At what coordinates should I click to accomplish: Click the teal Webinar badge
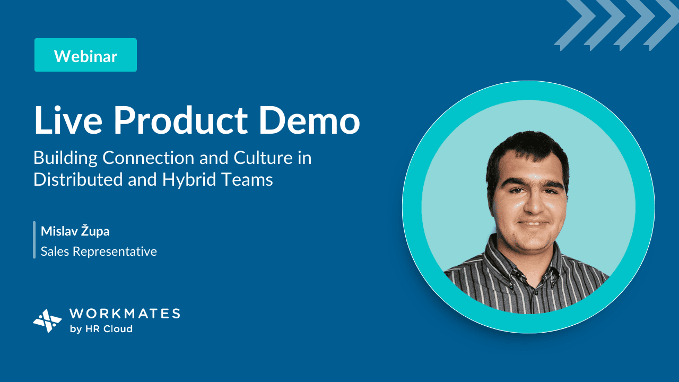click(85, 55)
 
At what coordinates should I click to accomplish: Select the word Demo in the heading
click(309, 120)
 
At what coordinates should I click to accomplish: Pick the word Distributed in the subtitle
click(77, 179)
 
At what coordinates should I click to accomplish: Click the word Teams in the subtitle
click(247, 179)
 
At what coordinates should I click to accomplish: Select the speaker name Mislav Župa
click(75, 231)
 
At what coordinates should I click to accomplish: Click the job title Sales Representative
click(99, 251)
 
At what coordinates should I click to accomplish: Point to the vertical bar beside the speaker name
click(34, 240)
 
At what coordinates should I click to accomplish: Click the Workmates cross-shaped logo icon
click(47, 321)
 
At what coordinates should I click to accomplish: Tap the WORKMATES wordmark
click(125, 314)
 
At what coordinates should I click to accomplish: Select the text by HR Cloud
click(101, 328)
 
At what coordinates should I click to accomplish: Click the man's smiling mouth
click(534, 224)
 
